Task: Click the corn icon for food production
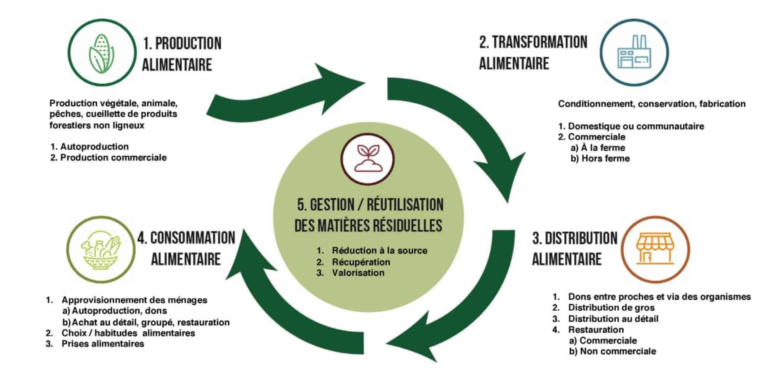(x=101, y=53)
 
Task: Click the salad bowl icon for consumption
(x=101, y=249)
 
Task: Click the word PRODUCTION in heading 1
(x=188, y=44)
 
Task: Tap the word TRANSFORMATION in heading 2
(x=539, y=42)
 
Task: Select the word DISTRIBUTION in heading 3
(x=581, y=239)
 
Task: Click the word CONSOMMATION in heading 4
(x=193, y=238)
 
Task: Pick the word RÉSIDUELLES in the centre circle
(x=401, y=226)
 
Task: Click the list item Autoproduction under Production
(x=94, y=147)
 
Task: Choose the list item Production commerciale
(x=113, y=158)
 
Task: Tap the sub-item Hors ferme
(x=605, y=158)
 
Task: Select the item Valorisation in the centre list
(x=358, y=273)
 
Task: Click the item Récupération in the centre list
(x=361, y=262)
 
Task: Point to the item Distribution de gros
(x=611, y=308)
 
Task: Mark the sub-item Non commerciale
(x=617, y=351)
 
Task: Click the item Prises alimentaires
(x=103, y=344)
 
